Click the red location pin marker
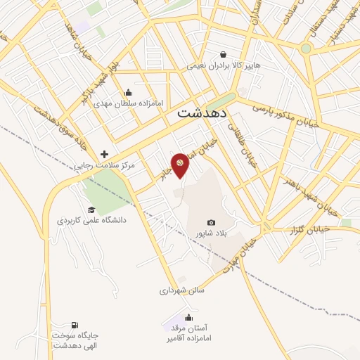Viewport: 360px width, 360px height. (x=180, y=165)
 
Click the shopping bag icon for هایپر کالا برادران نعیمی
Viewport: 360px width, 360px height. (x=223, y=54)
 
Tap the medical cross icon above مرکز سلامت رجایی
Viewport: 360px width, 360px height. (x=105, y=154)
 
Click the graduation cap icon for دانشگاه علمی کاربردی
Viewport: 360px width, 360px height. (x=91, y=210)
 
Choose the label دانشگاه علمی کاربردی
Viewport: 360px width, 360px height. (x=91, y=220)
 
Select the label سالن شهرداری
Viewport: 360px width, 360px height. (x=181, y=290)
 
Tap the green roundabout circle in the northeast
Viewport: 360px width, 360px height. (x=306, y=49)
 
